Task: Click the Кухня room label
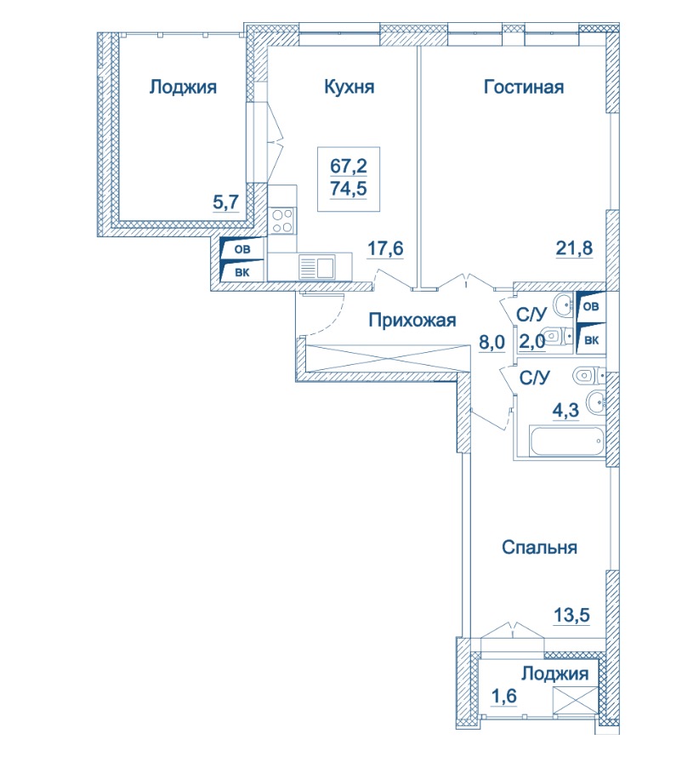(349, 87)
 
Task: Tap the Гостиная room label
(524, 87)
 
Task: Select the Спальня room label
(539, 547)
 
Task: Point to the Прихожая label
(412, 320)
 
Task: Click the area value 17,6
(385, 248)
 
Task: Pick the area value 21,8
(574, 247)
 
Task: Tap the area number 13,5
(571, 615)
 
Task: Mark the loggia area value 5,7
(226, 202)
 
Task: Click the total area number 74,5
(349, 188)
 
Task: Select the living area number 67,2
(349, 166)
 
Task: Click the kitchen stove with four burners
(282, 220)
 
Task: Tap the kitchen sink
(317, 267)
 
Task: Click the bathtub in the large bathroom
(567, 441)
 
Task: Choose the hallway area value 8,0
(492, 342)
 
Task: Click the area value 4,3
(565, 410)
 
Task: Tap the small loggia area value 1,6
(503, 696)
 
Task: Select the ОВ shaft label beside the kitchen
(242, 249)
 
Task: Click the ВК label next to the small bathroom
(592, 340)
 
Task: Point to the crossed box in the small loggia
(576, 700)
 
